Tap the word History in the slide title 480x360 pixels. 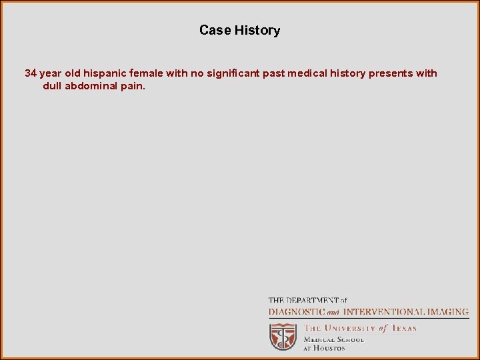coord(257,30)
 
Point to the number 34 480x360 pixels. coord(31,73)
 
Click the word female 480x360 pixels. coord(147,73)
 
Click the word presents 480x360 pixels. coord(391,73)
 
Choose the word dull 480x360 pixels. coord(52,86)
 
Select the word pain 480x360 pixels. coord(133,86)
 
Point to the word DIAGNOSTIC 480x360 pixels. coord(297,311)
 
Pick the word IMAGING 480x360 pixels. coord(447,311)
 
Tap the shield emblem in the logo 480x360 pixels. coord(283,337)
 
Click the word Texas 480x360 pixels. coord(403,328)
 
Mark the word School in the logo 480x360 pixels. coord(349,339)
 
